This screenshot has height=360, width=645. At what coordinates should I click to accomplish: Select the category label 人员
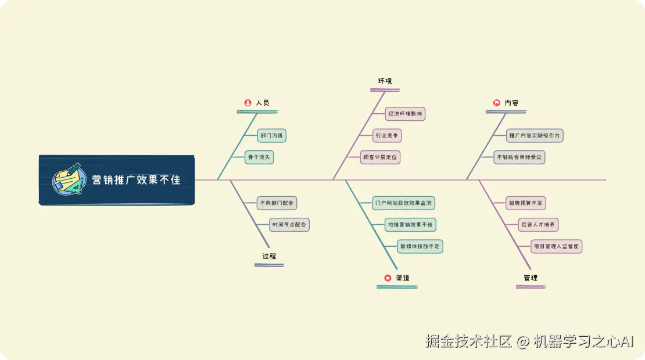(263, 103)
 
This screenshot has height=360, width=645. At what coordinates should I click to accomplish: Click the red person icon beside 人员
(248, 103)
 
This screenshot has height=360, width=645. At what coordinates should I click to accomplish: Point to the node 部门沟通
(272, 136)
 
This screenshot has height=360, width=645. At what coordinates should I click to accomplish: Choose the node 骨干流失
(259, 157)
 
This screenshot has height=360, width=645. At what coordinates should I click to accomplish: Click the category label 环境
(385, 81)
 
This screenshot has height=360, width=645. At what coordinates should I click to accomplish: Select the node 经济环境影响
(406, 114)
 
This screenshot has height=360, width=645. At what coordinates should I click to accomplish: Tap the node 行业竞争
(388, 136)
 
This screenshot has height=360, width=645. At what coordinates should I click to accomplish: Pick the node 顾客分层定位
(381, 157)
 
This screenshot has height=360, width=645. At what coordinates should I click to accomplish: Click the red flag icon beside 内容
(497, 103)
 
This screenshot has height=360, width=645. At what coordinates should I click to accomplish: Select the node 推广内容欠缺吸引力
(535, 136)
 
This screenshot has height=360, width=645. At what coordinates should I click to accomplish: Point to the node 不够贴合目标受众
(519, 157)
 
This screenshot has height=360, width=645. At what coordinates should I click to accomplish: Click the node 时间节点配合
(289, 225)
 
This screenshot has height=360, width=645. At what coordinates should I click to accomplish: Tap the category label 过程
(269, 256)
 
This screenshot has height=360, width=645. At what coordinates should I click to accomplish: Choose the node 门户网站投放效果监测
(403, 203)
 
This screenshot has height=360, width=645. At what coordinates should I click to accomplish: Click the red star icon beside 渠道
(388, 278)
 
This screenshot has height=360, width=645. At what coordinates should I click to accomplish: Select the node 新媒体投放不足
(420, 246)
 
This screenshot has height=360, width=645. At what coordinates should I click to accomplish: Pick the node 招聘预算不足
(525, 203)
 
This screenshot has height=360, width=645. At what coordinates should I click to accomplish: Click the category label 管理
(530, 278)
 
